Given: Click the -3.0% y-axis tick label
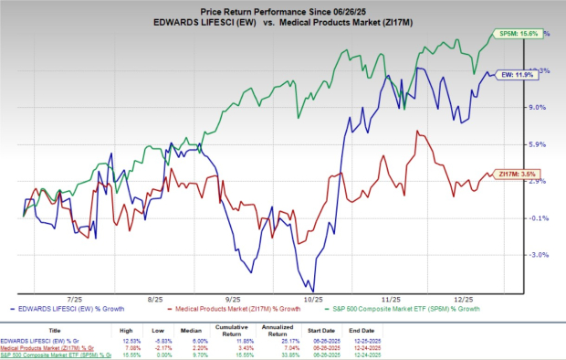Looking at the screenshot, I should [x=537, y=255].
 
